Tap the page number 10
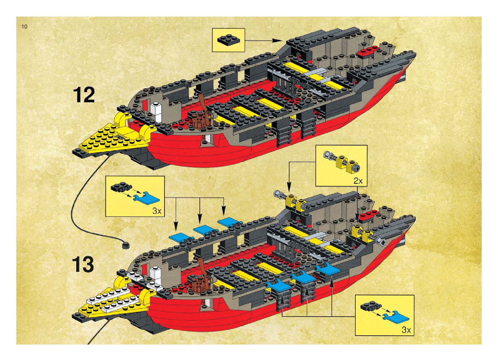pos(25,27)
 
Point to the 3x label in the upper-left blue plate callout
pos(157,211)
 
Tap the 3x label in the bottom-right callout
pos(406,330)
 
